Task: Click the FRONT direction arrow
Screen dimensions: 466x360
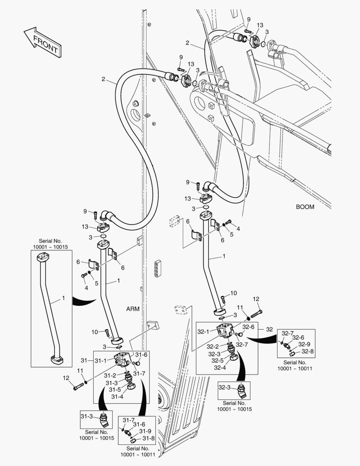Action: point(42,42)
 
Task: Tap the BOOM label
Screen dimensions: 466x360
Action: point(305,207)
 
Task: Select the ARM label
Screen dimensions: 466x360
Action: point(133,309)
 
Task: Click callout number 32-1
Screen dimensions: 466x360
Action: point(204,331)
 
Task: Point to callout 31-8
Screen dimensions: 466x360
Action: point(148,438)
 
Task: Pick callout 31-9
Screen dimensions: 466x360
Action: point(144,431)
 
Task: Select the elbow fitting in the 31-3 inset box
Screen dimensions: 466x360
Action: point(103,419)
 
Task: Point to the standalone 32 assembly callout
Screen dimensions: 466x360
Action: point(269,329)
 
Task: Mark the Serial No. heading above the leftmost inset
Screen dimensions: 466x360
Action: point(50,244)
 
